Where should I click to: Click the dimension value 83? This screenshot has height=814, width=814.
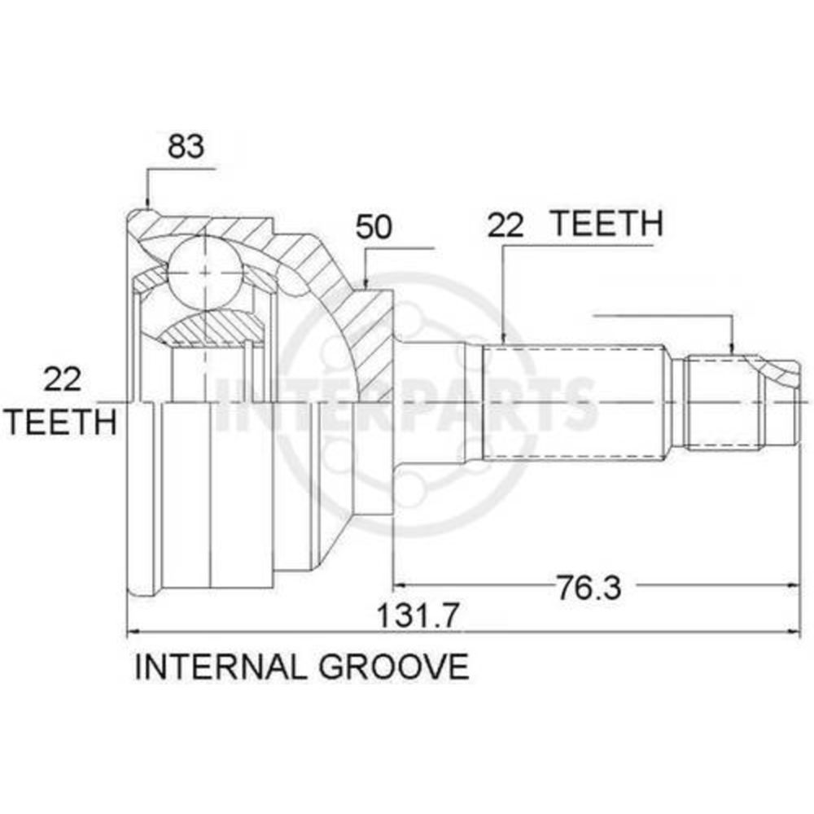(x=186, y=147)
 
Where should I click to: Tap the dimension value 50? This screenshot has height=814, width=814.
(x=374, y=227)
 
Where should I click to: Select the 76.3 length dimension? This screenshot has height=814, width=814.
(x=589, y=587)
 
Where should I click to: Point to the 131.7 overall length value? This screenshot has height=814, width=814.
(x=418, y=615)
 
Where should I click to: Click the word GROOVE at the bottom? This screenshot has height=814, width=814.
(x=394, y=667)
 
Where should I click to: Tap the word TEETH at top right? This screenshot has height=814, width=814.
(x=606, y=224)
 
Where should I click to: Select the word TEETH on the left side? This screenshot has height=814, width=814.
(x=62, y=422)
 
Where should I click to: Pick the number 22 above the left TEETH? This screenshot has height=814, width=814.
(x=63, y=379)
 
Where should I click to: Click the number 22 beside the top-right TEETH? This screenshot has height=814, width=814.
(x=505, y=226)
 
